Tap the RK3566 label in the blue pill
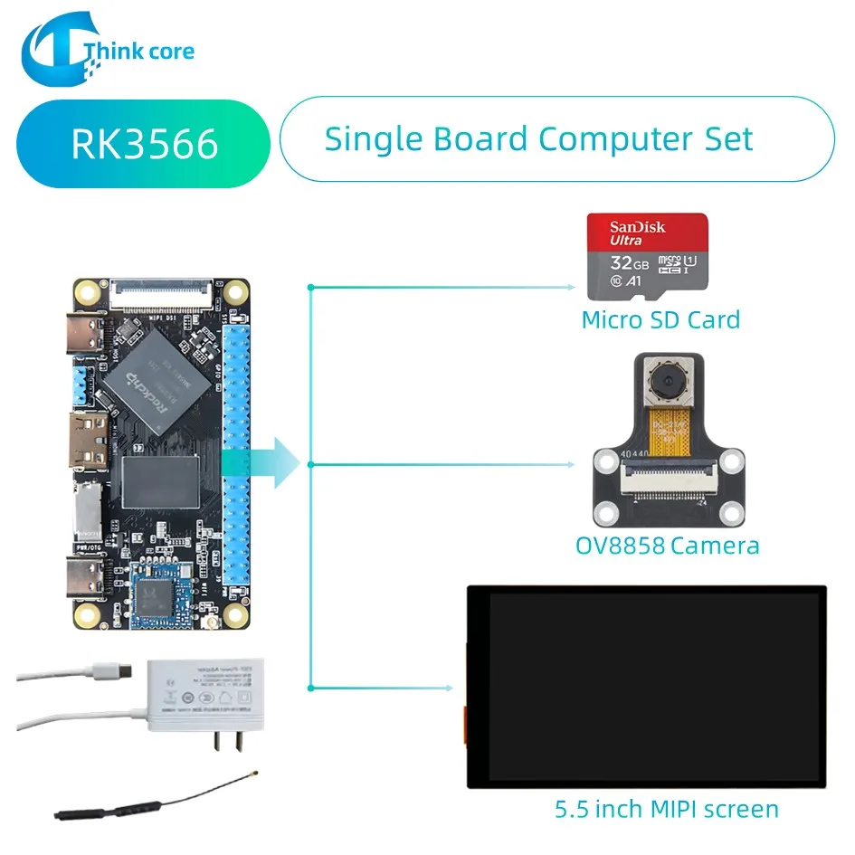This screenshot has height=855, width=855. pyautogui.click(x=145, y=143)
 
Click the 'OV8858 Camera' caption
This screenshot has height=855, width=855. pyautogui.click(x=667, y=546)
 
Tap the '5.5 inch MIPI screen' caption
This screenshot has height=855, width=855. pyautogui.click(x=666, y=808)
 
